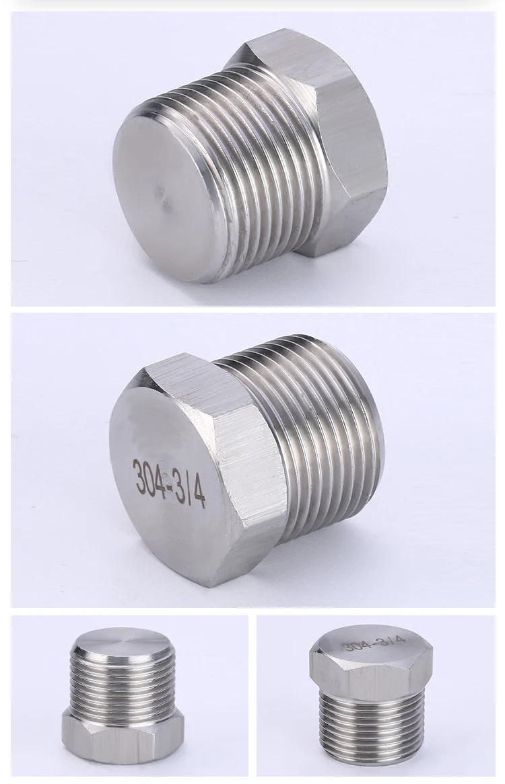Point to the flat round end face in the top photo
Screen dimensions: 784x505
coord(165,198)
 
